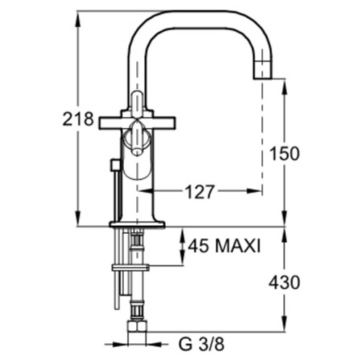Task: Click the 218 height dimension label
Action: [x=78, y=119]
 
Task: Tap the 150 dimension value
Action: [x=285, y=153]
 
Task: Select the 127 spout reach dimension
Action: [x=200, y=192]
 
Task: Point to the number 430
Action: [x=285, y=282]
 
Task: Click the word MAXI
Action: [x=237, y=246]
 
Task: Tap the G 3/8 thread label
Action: [x=201, y=344]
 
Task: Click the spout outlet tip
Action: [x=263, y=77]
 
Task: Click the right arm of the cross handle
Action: [x=164, y=123]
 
